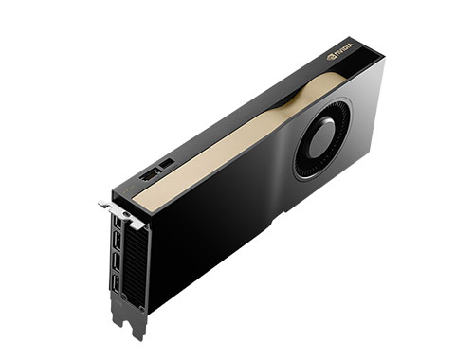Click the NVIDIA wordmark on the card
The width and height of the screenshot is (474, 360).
click(344, 48)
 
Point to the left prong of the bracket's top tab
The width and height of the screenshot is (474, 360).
click(105, 204)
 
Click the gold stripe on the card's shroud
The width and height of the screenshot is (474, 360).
click(237, 142)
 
